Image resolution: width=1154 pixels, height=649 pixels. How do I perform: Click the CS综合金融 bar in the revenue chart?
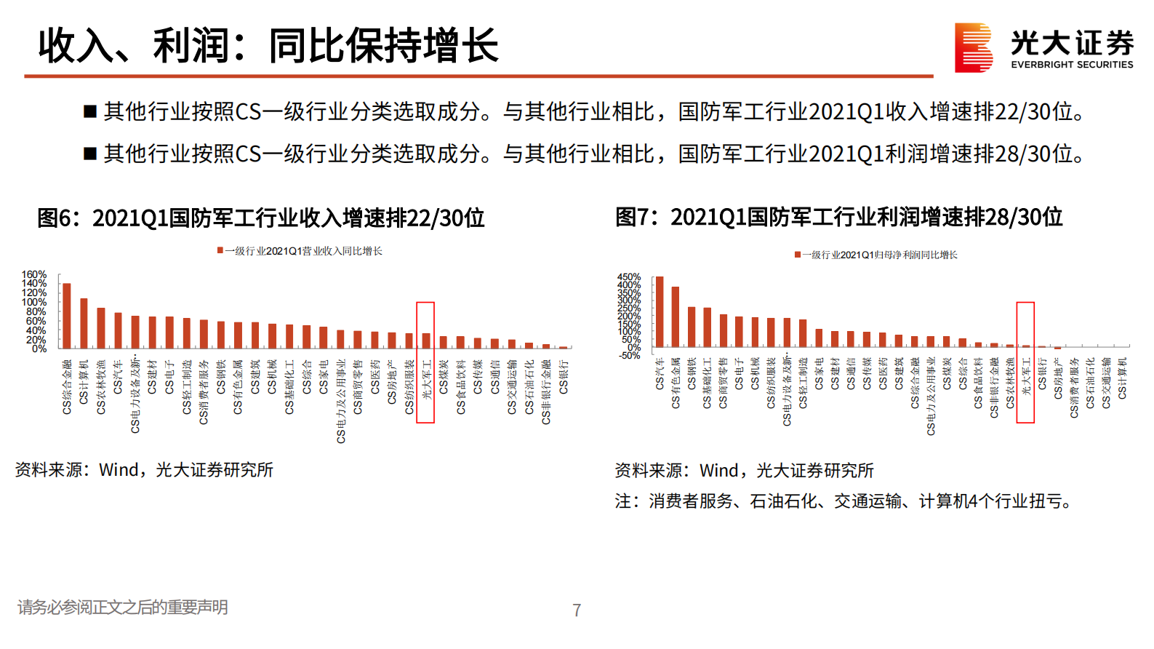(x=67, y=316)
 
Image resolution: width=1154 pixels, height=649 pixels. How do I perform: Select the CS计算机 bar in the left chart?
(x=84, y=323)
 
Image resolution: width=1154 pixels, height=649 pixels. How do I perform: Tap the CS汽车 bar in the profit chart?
(x=660, y=311)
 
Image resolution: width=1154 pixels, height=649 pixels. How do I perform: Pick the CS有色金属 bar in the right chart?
(x=676, y=316)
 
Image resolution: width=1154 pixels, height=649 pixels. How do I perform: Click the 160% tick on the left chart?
(x=34, y=275)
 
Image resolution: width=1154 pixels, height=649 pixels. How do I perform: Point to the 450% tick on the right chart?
(x=629, y=277)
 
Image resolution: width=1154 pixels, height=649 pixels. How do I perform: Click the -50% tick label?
(x=630, y=355)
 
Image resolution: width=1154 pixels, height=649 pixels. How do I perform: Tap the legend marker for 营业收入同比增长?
(x=220, y=250)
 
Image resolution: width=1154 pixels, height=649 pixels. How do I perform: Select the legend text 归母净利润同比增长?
(x=883, y=255)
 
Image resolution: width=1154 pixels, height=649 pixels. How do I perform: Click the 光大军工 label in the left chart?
(x=427, y=379)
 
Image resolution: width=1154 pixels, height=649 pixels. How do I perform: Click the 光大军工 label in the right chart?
(x=1026, y=376)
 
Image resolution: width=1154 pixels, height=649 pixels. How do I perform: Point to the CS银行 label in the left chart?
(x=564, y=377)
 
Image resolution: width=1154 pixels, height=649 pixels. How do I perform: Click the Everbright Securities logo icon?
(x=974, y=47)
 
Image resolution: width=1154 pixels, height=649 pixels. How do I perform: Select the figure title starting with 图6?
(x=260, y=218)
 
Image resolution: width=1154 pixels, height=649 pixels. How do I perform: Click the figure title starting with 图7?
(x=838, y=217)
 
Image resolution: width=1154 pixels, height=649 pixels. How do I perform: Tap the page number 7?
(x=577, y=610)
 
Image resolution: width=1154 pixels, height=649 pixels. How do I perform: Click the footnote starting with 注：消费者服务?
(x=844, y=501)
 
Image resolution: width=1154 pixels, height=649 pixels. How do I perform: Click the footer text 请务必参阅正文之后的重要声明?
(x=122, y=607)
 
